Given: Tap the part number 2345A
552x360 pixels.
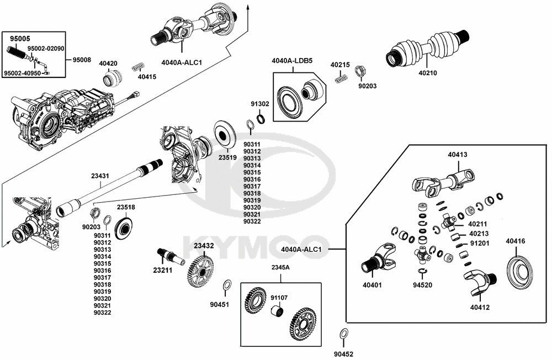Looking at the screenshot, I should pos(280,268).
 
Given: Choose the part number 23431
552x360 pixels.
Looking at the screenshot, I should pos(100,176).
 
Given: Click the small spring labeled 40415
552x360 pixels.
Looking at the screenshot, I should pos(137,68).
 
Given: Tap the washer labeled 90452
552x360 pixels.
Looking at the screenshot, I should pos(343,333).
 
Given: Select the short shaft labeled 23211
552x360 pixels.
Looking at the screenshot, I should pos(172,256).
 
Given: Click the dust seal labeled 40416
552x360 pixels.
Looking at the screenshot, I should pos(519,271).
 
